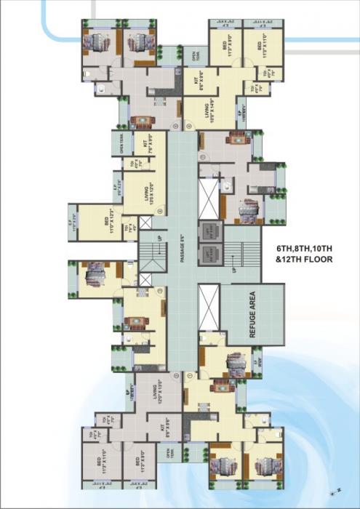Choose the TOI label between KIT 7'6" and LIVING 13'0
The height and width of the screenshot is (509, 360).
132,164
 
